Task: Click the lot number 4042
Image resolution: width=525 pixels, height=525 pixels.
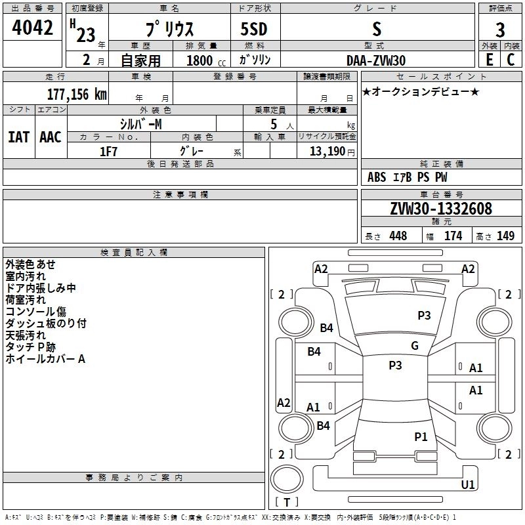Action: [x=32, y=28]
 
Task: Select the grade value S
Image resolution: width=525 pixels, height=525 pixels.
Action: [x=376, y=28]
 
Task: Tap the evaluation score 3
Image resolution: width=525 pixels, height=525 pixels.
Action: [x=500, y=30]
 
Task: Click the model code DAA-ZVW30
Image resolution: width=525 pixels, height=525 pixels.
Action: [x=376, y=60]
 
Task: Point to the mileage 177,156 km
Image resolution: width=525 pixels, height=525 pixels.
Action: [x=76, y=94]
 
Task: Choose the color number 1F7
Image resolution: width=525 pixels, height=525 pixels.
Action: [x=108, y=152]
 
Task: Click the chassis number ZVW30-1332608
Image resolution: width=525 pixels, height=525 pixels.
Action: [x=440, y=209]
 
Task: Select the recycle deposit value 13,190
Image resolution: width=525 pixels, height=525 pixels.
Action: [x=327, y=152]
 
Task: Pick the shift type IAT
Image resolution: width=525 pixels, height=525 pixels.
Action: [x=18, y=137]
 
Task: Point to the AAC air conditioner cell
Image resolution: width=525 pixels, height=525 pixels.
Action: [x=50, y=137]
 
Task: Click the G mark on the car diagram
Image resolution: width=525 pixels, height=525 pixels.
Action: [x=414, y=346]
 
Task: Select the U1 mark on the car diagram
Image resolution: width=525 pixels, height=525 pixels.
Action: [x=468, y=484]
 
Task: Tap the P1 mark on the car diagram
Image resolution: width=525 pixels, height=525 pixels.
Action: [x=421, y=436]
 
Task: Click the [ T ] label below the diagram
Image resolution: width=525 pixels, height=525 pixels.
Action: [x=287, y=502]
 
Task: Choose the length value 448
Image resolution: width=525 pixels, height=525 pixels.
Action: [x=398, y=236]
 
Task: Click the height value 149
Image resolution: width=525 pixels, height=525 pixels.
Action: [x=505, y=236]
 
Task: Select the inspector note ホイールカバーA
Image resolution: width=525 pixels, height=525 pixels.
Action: [x=45, y=359]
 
